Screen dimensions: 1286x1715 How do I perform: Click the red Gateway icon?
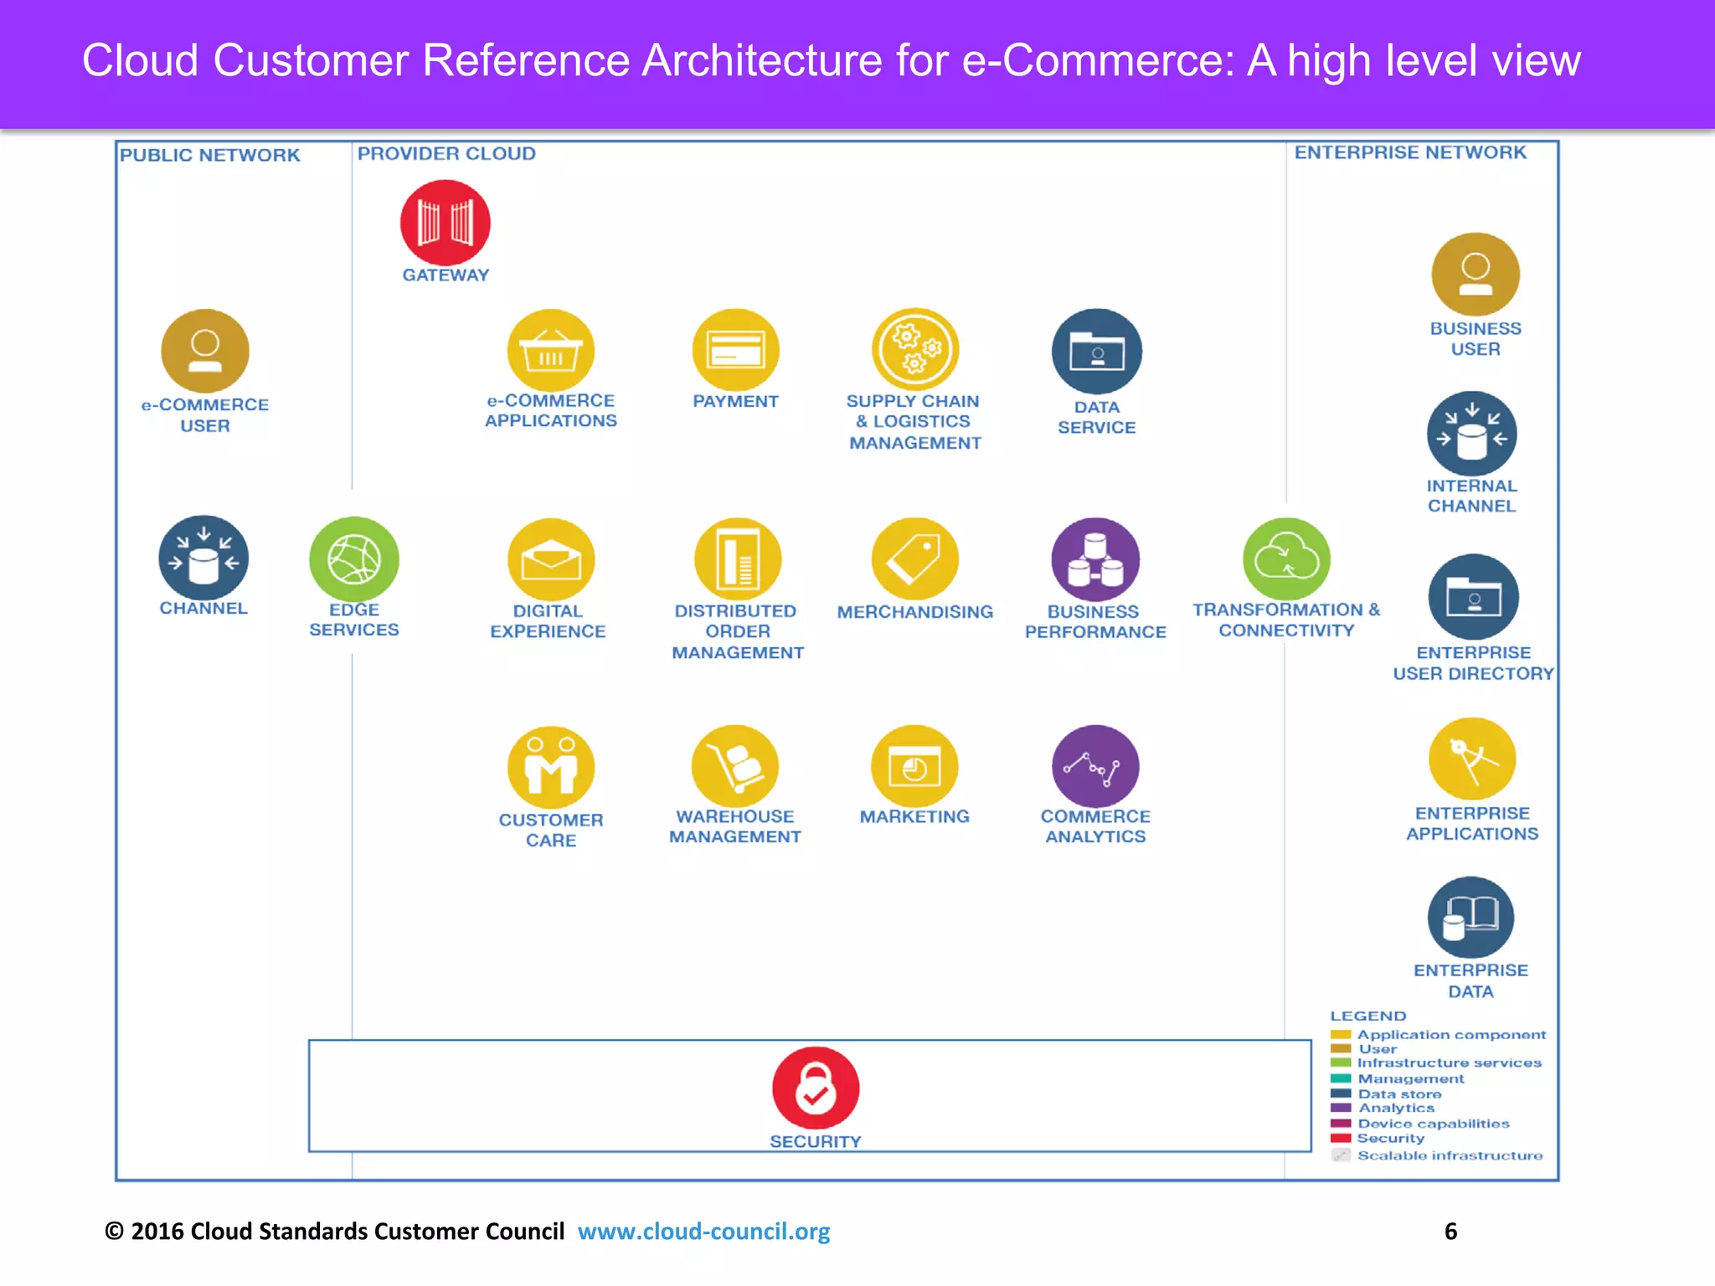pos(445,223)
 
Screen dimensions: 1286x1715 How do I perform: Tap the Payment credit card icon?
pos(735,350)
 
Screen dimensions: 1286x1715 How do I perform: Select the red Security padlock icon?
pos(816,1088)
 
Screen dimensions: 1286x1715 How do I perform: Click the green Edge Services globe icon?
pos(354,559)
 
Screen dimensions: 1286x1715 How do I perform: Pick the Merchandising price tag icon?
pos(914,558)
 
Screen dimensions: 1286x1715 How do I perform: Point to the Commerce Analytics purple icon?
pos(1095,766)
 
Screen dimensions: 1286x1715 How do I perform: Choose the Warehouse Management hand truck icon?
pos(735,766)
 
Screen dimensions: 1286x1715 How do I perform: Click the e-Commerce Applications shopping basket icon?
pos(551,351)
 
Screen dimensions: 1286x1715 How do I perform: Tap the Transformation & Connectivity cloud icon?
pos(1286,558)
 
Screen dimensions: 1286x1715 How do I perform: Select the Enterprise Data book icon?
pos(1470,918)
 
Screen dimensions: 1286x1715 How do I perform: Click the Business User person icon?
pos(1476,275)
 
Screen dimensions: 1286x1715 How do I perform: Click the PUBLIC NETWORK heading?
pos(209,156)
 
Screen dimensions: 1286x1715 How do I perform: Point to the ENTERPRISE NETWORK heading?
pos(1410,152)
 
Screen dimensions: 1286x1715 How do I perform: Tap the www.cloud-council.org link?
pos(703,1232)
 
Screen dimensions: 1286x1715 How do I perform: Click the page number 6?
pos(1451,1232)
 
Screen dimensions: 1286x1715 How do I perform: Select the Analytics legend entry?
pos(1396,1109)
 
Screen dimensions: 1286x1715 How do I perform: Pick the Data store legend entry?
pos(1399,1094)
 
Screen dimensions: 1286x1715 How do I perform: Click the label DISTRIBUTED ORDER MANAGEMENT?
pos(737,632)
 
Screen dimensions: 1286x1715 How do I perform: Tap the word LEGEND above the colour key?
pos(1368,1016)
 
